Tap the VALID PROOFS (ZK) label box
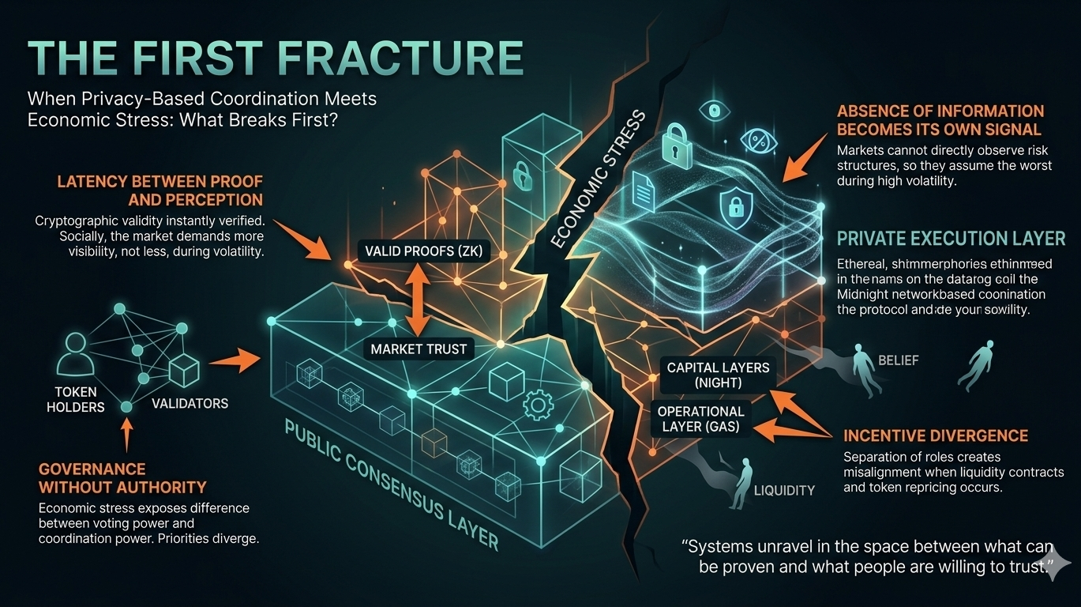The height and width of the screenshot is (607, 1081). click(x=424, y=252)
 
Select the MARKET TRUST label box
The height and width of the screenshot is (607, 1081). click(x=419, y=349)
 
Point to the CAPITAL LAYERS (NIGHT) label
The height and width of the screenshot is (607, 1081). click(x=718, y=375)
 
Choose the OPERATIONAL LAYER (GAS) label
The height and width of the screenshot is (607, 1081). click(x=700, y=420)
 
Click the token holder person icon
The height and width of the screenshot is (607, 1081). click(x=75, y=353)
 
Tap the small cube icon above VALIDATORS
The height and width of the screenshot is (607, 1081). click(x=184, y=369)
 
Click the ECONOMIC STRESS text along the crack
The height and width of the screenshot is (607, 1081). click(x=598, y=179)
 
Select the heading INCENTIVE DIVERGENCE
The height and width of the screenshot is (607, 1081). click(x=936, y=435)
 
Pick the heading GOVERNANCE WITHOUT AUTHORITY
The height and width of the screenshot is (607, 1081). click(x=122, y=477)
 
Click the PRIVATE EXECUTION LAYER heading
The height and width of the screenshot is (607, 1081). click(x=951, y=238)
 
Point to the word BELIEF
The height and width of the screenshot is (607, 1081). click(x=899, y=360)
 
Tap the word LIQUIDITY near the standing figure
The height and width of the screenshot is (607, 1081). click(x=784, y=490)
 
